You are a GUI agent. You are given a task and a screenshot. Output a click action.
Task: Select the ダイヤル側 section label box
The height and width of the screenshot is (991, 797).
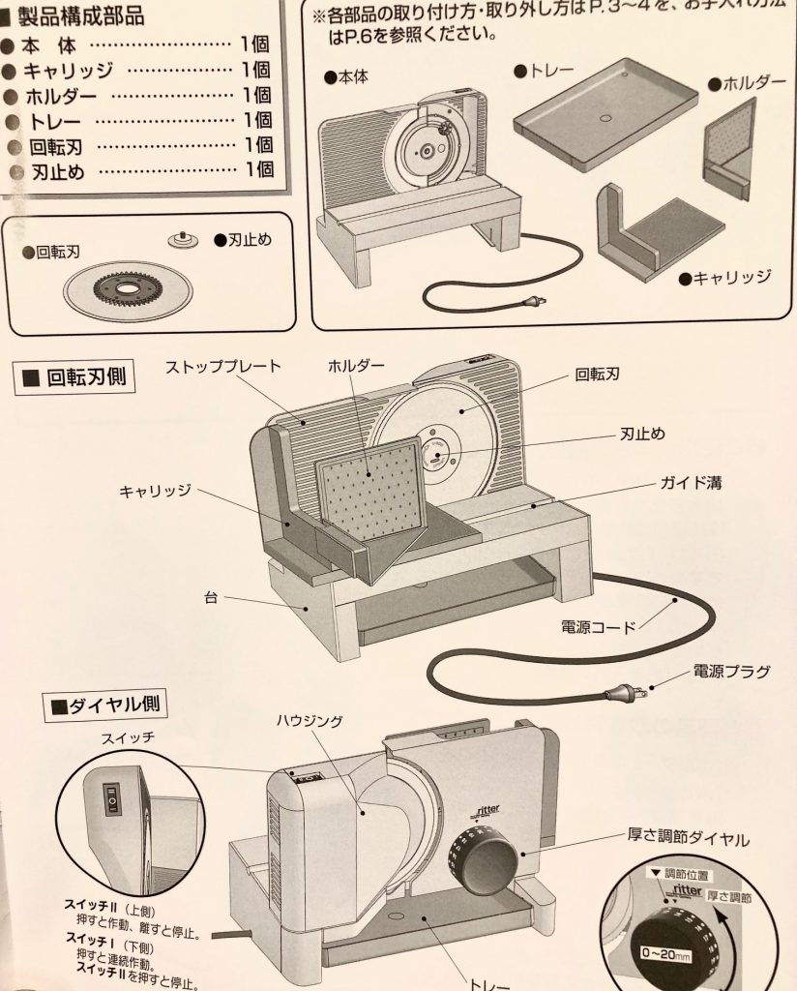point(107,706)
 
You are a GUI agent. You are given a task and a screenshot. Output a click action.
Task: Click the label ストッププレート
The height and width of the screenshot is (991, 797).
point(222,366)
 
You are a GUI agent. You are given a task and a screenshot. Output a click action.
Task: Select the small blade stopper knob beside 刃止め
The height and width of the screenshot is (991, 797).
point(180,239)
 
